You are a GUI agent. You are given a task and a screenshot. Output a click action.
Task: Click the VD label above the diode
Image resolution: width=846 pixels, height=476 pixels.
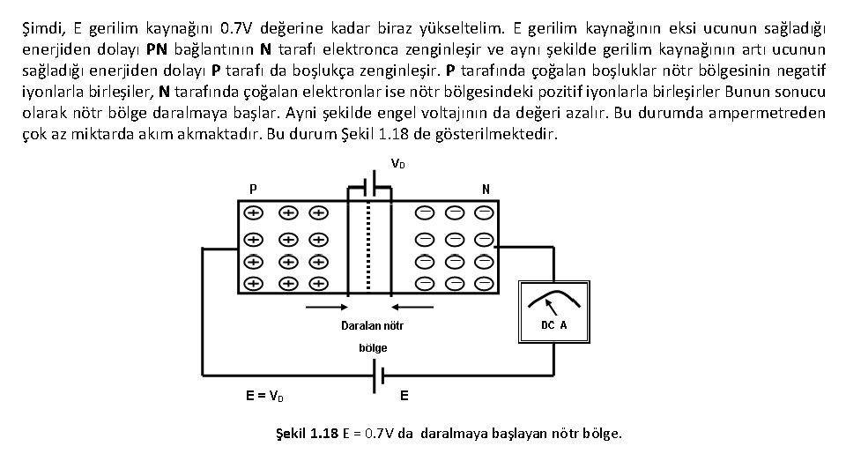point(397,164)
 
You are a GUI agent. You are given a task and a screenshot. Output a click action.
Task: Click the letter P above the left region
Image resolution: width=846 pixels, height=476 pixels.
point(254,190)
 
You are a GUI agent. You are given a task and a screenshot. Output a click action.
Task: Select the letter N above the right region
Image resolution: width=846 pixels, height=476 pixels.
point(486,190)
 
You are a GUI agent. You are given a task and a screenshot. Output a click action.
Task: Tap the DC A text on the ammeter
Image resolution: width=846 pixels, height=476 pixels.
point(553,325)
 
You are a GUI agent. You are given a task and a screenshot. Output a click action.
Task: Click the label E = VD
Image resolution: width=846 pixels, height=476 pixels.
point(264,396)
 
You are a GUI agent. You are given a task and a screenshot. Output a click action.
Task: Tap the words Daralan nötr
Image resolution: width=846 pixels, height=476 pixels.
point(372,326)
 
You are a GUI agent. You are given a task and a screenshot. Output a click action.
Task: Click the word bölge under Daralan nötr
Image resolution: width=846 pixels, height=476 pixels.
point(372,348)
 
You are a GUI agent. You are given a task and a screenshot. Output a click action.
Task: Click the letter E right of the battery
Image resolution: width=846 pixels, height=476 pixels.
point(404,396)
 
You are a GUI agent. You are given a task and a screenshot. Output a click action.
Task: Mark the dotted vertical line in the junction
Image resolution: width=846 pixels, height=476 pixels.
point(368,247)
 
